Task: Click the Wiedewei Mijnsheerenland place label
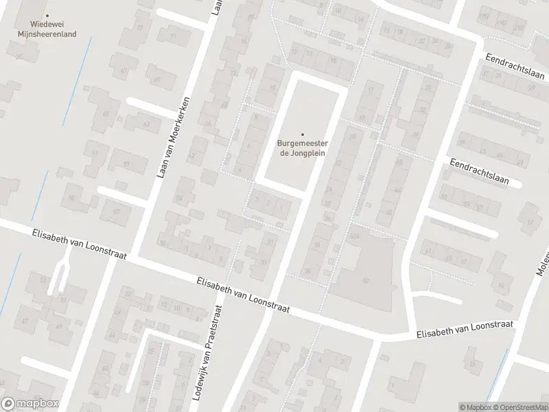coord(47,27)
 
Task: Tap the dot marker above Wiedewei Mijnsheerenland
coord(47,15)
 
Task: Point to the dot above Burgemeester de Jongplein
coord(302,135)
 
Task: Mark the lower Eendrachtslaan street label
coord(479,172)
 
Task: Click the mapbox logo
coord(30,404)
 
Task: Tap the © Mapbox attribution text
coord(475,407)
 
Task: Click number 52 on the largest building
coord(365,281)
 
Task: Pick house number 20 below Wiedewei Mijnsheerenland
coord(19,56)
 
